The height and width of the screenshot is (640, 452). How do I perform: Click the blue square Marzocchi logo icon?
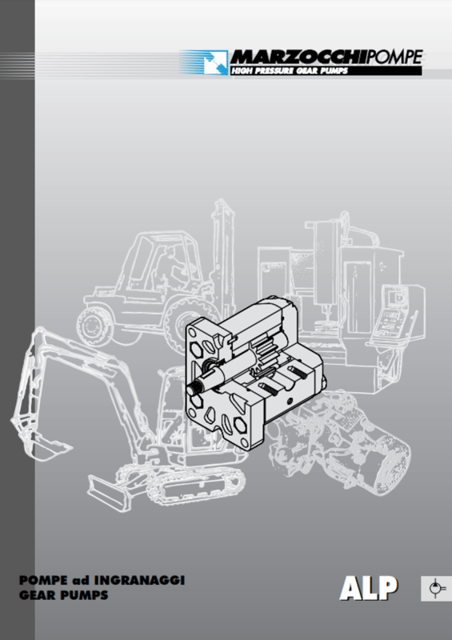coord(215,62)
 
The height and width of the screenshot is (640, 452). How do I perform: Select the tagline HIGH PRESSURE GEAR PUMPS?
coord(290,71)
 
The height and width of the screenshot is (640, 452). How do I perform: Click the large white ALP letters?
coord(368,588)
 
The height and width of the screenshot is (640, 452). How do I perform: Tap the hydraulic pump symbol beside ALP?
coord(436,589)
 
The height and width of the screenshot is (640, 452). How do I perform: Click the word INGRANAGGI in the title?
coord(139,580)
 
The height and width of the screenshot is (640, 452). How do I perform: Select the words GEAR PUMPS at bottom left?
coord(64,595)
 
